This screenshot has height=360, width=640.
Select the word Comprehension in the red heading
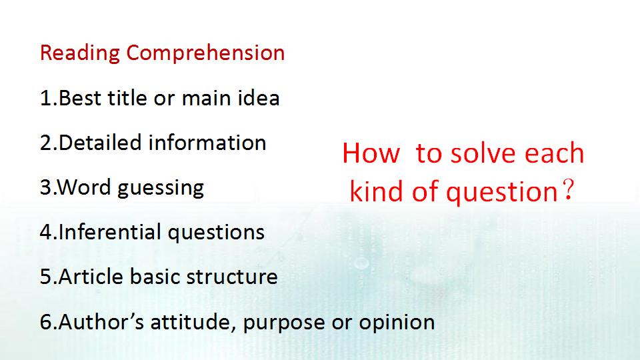tap(205, 53)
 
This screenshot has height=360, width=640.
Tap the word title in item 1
tap(127, 98)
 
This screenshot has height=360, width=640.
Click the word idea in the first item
tap(259, 98)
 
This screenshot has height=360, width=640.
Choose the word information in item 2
tap(207, 143)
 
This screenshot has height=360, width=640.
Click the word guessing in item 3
tap(161, 189)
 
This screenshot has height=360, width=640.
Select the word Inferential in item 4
tap(110, 232)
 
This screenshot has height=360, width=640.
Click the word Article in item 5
tap(91, 276)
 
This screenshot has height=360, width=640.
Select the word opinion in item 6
tap(397, 323)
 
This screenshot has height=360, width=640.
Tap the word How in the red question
tap(371, 153)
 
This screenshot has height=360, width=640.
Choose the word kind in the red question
tap(377, 191)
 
